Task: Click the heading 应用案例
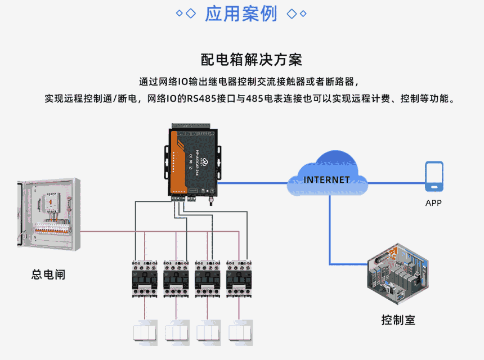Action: coord(241,13)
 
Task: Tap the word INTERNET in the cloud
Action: coord(326,180)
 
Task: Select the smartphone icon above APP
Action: coord(433,175)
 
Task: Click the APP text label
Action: coord(433,203)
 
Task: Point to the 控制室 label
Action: coord(398,321)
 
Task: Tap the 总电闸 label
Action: coord(48,275)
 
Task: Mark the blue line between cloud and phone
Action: coord(394,182)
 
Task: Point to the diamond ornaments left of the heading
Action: coord(186,13)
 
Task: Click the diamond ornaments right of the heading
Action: coord(297,13)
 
